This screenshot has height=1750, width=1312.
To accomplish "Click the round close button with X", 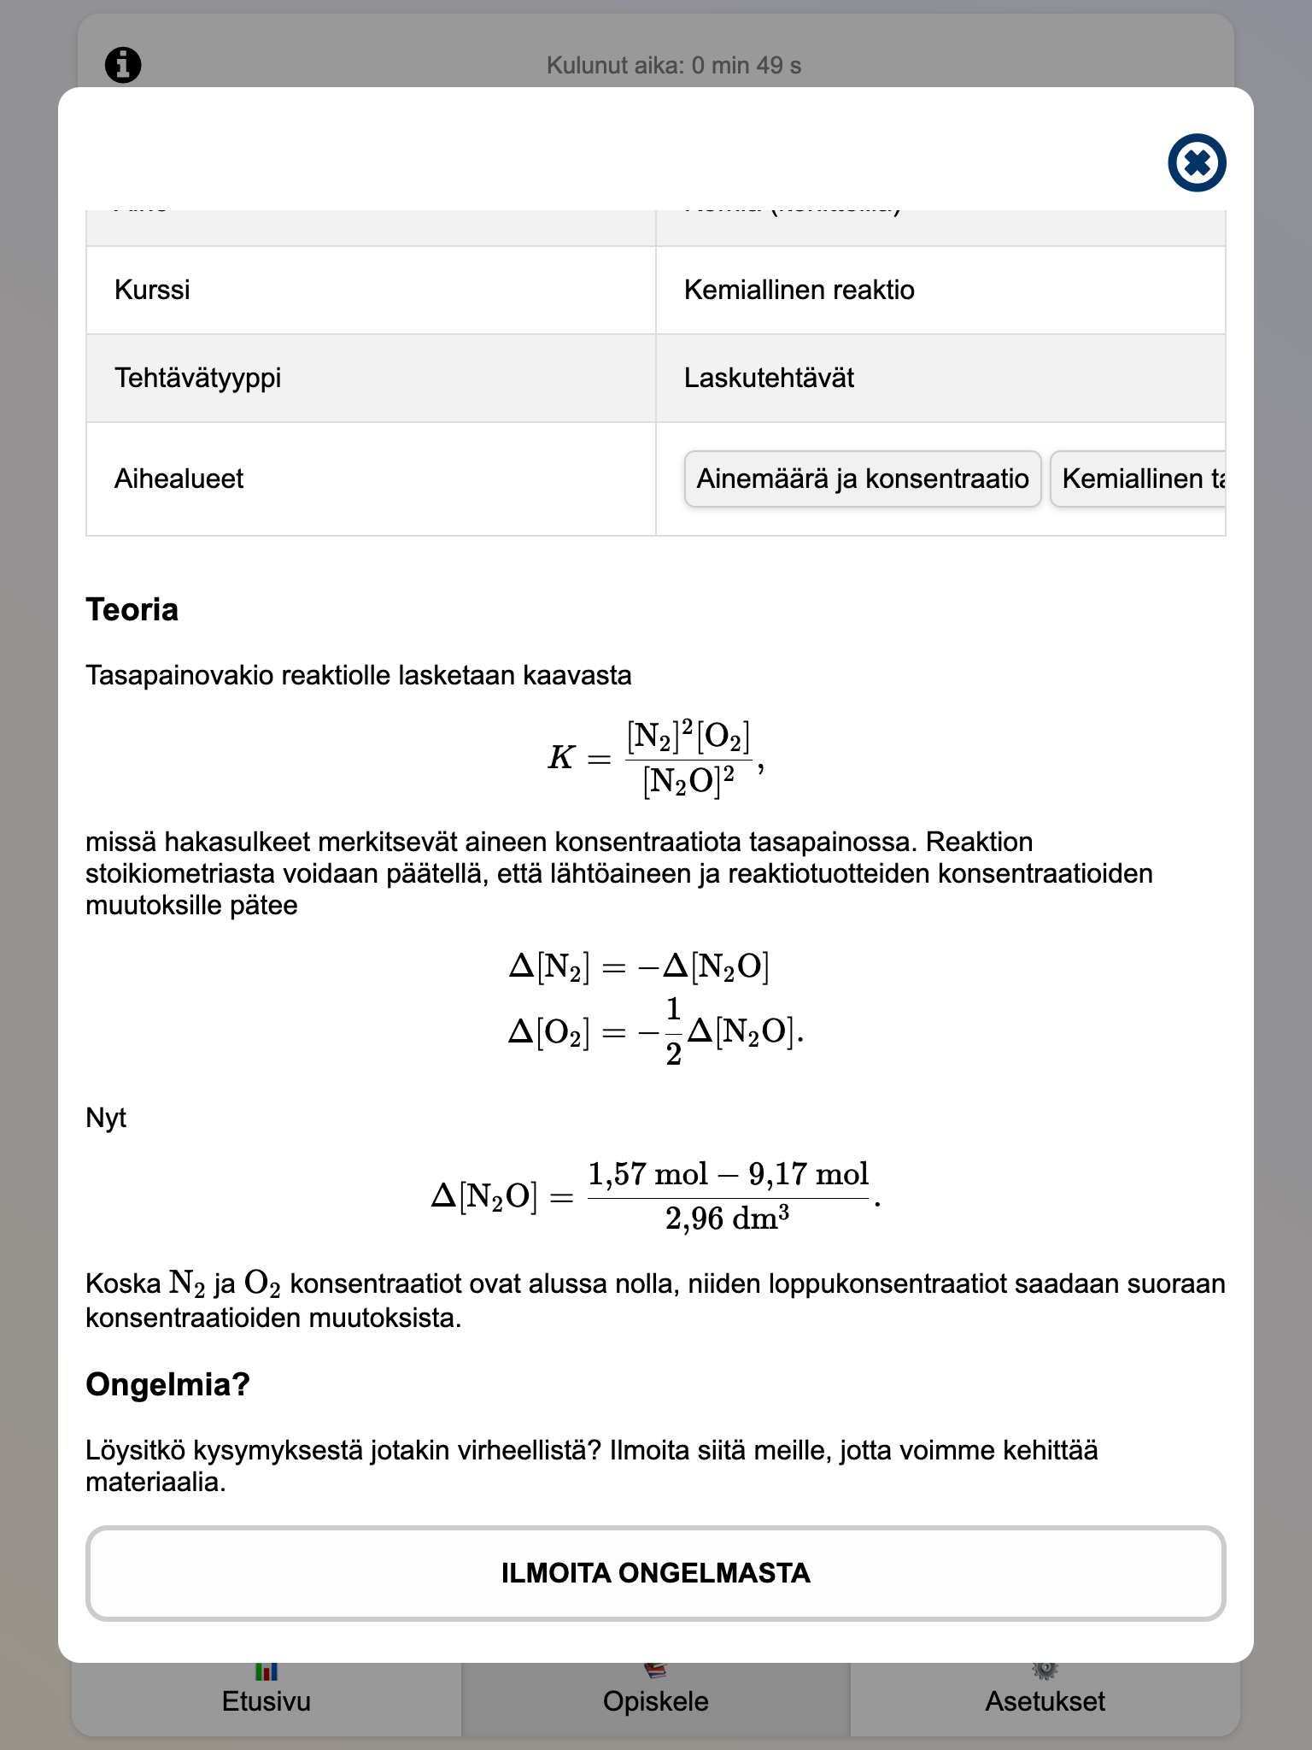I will tap(1197, 162).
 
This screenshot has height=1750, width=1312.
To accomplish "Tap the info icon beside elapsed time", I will tap(123, 65).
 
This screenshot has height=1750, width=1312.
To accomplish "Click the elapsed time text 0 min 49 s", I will tap(673, 66).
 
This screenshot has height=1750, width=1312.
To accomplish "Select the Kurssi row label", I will tap(152, 290).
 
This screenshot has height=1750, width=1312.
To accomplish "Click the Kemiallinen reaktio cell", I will tap(799, 290).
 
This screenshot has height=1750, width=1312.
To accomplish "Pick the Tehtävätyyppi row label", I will tap(197, 378).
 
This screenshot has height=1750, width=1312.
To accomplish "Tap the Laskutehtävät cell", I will tap(769, 378).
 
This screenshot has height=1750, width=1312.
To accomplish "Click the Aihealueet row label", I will tap(179, 479).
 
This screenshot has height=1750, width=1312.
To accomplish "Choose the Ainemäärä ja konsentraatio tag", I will tap(862, 479).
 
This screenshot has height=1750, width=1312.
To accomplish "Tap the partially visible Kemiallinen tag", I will tap(1140, 479).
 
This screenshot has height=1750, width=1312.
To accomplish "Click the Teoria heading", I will tap(132, 610).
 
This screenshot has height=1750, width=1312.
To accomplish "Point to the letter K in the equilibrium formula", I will tap(560, 758).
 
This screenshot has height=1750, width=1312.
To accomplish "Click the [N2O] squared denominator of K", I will tap(688, 781).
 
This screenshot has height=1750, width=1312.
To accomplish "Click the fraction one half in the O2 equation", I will tap(673, 1032).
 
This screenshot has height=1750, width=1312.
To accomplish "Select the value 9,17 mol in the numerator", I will tap(808, 1174).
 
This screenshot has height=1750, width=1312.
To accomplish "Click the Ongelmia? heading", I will tap(167, 1384).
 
